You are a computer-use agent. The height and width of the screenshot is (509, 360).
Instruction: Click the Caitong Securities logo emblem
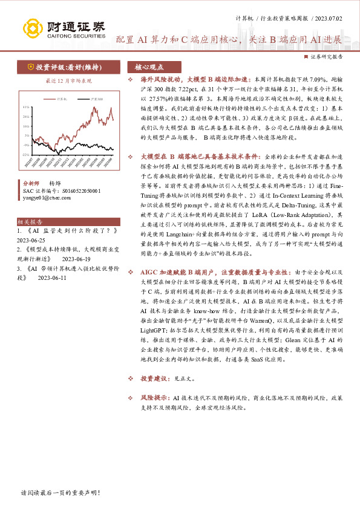tap(32, 28)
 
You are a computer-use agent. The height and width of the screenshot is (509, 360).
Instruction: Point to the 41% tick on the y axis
tap(25, 106)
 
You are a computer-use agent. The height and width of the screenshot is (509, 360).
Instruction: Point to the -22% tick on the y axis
tap(25, 155)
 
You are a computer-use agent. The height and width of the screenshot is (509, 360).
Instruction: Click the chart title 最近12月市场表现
tap(68, 80)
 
